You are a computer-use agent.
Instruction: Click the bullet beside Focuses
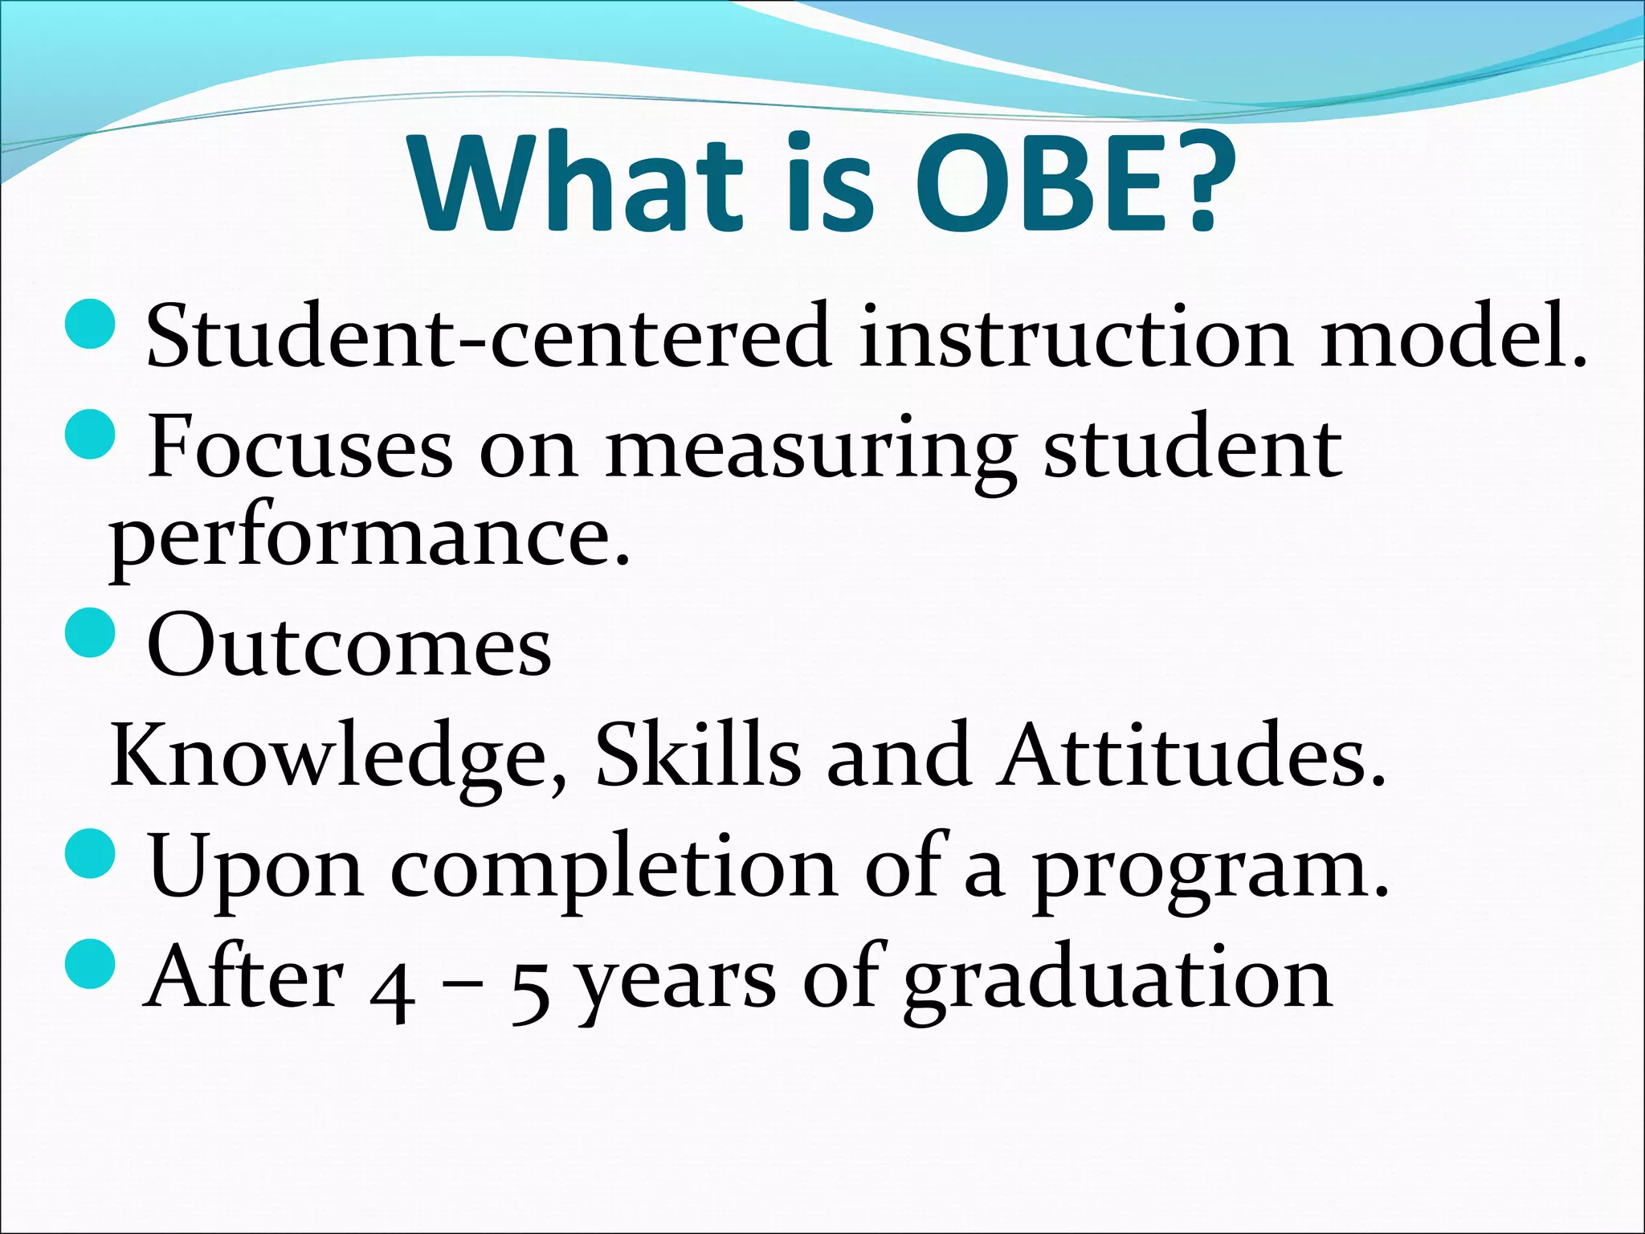90,434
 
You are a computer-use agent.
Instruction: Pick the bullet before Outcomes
90,632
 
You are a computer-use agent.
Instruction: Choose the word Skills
697,755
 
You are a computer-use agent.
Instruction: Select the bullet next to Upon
90,854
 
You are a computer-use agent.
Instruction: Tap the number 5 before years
531,996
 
